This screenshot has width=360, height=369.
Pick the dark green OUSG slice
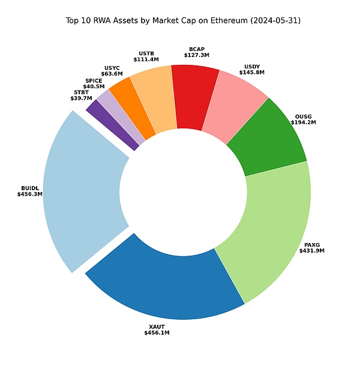[x=267, y=138]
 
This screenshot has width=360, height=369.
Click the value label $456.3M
[x=30, y=194]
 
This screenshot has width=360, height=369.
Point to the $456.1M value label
[x=157, y=332]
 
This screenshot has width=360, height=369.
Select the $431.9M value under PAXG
[x=311, y=251]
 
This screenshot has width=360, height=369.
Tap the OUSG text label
[x=303, y=116]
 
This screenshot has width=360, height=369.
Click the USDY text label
[x=252, y=66]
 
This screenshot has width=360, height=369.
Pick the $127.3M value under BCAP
[x=196, y=55]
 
